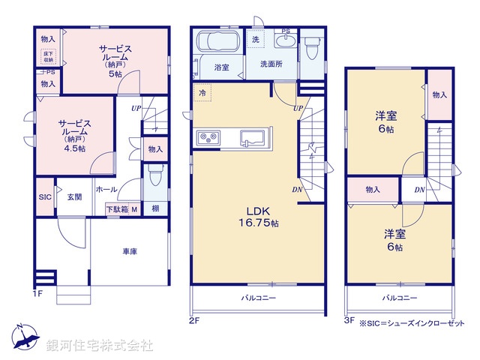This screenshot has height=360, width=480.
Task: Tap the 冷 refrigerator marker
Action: click(202, 92)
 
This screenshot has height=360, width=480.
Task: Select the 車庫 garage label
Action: click(130, 252)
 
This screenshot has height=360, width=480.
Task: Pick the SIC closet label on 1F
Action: click(45, 197)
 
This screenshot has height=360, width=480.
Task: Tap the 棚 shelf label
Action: click(154, 208)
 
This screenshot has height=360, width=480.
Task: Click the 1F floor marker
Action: click(40, 292)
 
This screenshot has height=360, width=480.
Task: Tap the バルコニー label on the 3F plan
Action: click(399, 298)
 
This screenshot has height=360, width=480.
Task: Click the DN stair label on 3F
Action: click(420, 190)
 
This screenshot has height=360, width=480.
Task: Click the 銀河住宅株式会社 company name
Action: click(100, 346)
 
